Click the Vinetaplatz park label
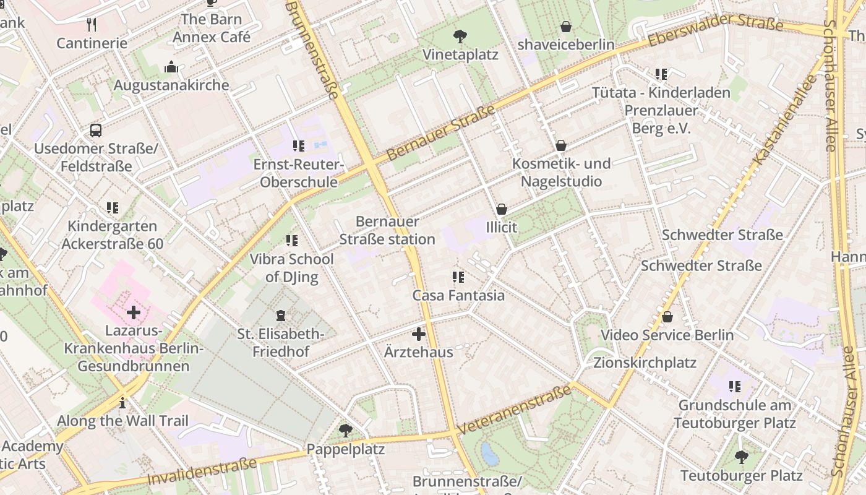[460, 54]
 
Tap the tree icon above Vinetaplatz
[460, 36]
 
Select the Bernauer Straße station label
[387, 230]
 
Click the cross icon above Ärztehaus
[419, 334]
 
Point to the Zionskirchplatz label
[645, 363]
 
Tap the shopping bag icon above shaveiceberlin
[565, 27]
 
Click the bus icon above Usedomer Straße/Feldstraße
[96, 131]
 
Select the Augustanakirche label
[171, 85]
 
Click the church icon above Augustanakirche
[171, 67]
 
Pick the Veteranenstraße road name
[515, 410]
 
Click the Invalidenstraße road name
[202, 472]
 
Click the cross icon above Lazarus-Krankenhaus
[134, 312]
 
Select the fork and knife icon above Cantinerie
[92, 25]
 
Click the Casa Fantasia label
[458, 295]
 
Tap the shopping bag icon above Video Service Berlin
[667, 317]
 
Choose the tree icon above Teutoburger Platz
[741, 457]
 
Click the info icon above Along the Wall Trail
[122, 403]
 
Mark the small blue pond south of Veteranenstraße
[490, 454]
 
